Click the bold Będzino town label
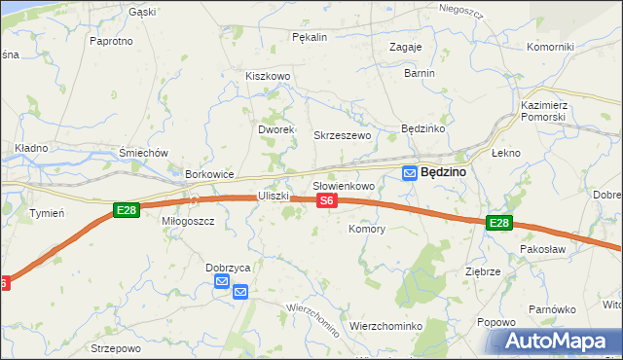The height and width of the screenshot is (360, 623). (x=444, y=172)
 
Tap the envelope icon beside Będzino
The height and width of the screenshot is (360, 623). (x=411, y=172)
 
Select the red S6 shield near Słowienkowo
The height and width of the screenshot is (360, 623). (x=327, y=200)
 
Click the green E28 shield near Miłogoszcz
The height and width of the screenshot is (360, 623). (x=125, y=210)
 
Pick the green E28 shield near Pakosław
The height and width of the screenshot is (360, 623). (x=498, y=223)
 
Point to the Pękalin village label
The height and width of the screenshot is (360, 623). (x=310, y=37)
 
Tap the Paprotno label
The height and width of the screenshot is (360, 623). (x=110, y=41)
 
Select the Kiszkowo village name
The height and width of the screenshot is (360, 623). (x=269, y=76)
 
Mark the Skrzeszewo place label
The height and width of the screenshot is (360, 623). (x=342, y=135)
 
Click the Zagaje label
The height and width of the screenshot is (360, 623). (x=405, y=47)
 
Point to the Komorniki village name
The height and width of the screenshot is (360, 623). (x=551, y=47)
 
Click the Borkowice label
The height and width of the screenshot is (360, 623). (x=210, y=174)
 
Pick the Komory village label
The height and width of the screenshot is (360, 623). (x=367, y=230)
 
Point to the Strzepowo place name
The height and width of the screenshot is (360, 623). (x=116, y=347)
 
